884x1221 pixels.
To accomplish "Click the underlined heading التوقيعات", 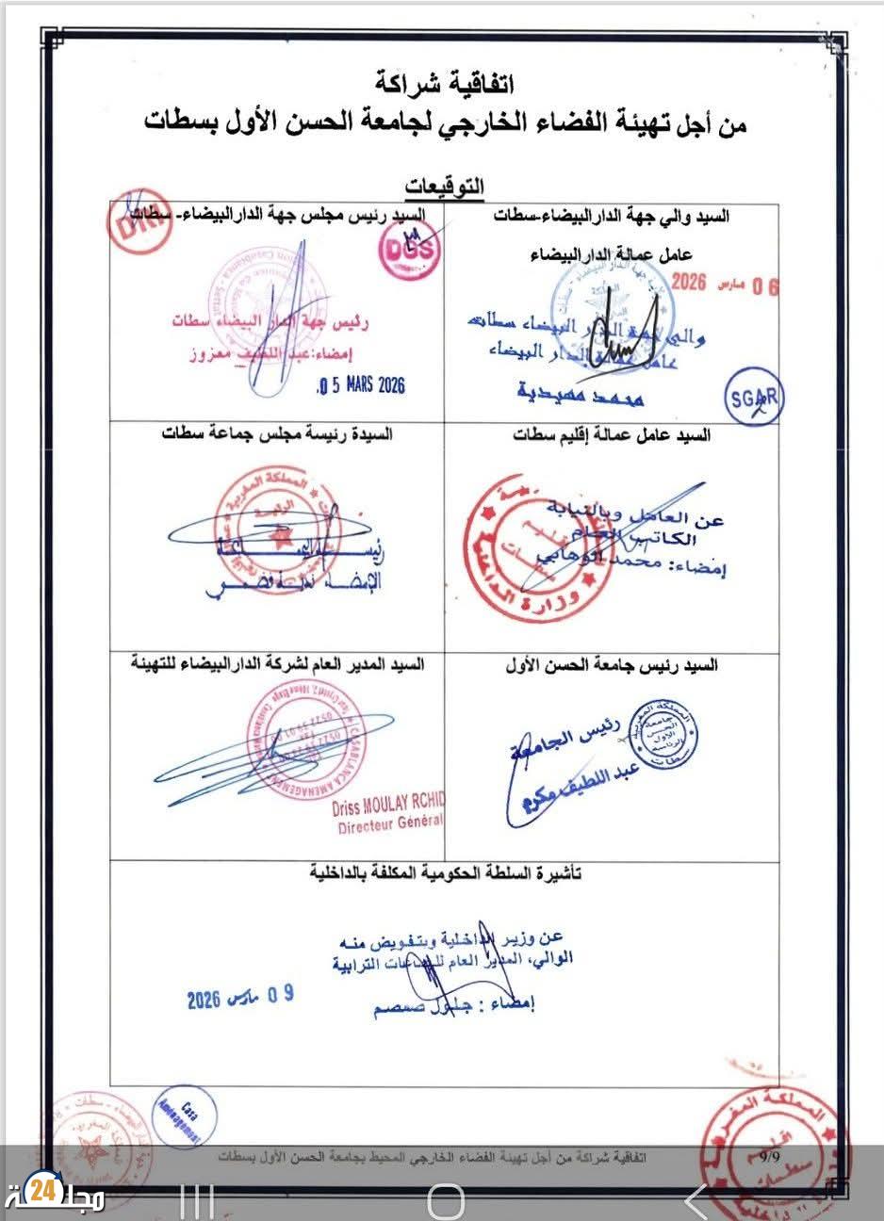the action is pos(443,186).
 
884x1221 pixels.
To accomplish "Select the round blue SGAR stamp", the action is pos(754,399).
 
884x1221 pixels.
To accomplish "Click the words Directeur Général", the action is pos(390,825).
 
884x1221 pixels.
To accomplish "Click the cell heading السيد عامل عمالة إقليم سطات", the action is pos(612,435).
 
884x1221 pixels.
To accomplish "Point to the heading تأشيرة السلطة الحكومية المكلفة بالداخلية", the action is pos(445,874).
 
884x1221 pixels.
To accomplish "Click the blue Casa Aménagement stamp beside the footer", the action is pos(183,1117).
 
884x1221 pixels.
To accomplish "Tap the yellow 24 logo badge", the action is pos(41,1192).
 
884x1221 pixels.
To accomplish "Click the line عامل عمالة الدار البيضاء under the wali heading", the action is pos(612,254).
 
